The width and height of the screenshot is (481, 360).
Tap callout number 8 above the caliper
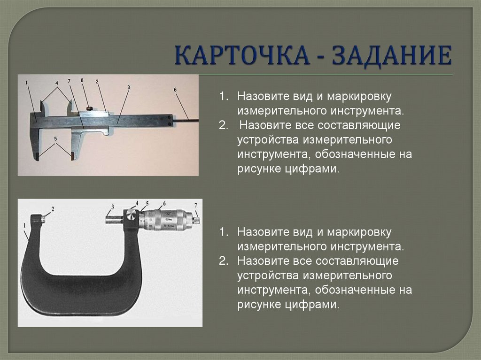(82, 80)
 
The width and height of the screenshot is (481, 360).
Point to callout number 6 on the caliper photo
(175, 89)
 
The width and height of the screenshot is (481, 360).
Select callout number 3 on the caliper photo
(128, 87)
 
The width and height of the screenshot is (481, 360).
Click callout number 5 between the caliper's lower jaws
(55, 139)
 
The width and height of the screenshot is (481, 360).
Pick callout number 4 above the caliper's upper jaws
(57, 84)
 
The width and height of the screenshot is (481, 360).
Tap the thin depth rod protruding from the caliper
(186, 121)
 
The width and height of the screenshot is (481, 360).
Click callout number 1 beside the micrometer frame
(23, 226)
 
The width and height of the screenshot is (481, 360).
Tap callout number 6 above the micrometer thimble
(164, 204)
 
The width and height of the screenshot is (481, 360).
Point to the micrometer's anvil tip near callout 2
(44, 218)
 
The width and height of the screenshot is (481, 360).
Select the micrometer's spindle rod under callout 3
(114, 219)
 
